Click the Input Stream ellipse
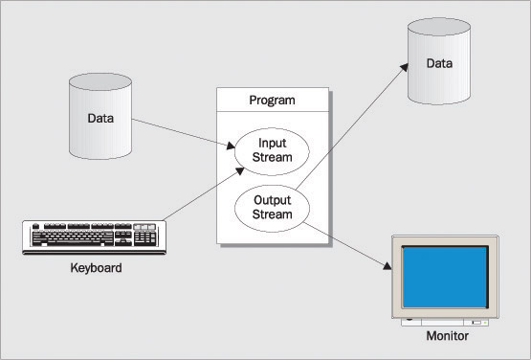coord(272,151)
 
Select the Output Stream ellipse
coord(272,209)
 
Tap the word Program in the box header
coord(272,101)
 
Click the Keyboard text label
coord(97,268)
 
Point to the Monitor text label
coord(448,336)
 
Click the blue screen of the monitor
coord(445,277)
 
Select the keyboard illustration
coord(94,237)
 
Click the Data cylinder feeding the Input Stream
coord(100,116)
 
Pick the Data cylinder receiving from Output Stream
coord(439,61)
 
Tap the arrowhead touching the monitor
coord(387,266)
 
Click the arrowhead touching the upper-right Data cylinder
coord(404,67)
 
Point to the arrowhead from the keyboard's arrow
coord(240,170)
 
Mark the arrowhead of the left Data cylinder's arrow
coord(231,146)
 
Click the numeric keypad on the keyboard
coord(144,238)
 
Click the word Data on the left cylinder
coord(100,119)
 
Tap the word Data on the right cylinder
coord(439,63)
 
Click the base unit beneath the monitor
coord(445,322)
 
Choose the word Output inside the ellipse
coord(273,200)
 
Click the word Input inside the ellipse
coord(273,144)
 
